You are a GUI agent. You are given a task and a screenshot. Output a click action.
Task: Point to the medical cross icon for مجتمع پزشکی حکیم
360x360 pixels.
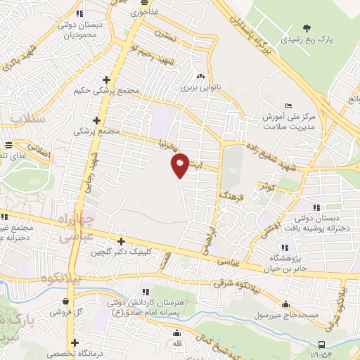point(106,80)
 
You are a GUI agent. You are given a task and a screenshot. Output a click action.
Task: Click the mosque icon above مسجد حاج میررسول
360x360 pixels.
point(286,304)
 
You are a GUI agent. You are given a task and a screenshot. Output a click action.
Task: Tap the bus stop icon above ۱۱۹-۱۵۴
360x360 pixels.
point(321,345)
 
